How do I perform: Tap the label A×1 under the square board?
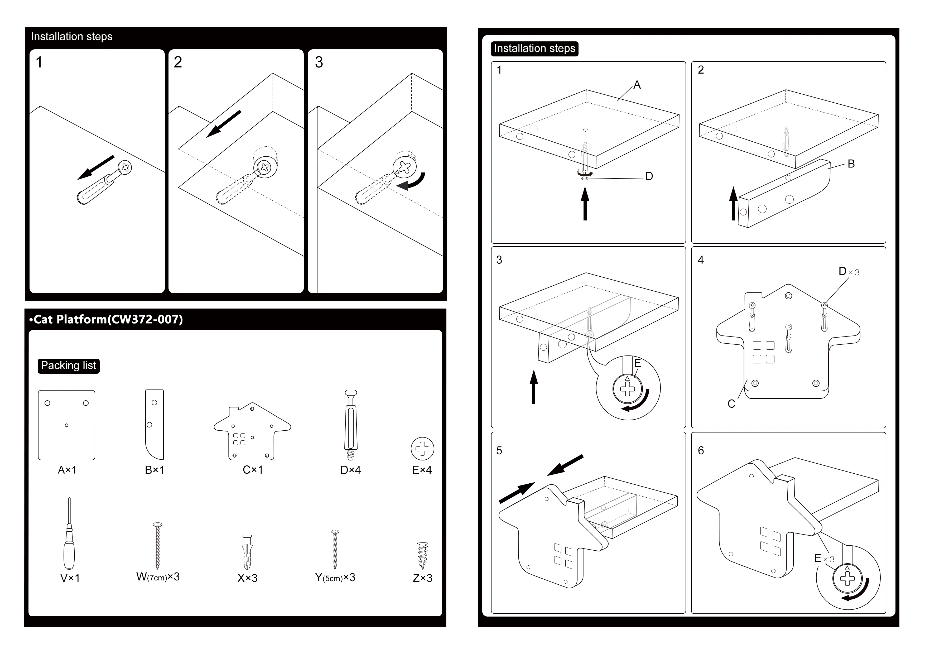67,470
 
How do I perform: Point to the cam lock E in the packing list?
422,449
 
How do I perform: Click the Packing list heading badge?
69,366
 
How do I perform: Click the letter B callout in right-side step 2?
851,163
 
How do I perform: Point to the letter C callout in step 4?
731,404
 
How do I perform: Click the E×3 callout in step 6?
824,559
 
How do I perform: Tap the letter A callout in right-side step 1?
637,85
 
